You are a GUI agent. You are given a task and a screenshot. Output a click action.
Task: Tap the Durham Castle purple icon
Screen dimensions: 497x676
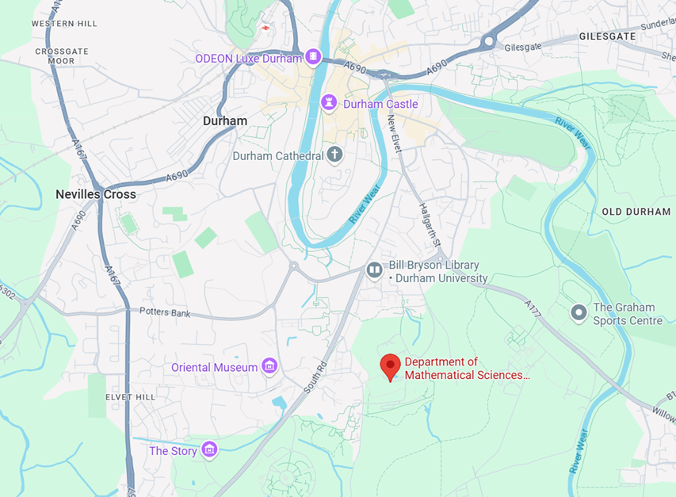tap(329, 104)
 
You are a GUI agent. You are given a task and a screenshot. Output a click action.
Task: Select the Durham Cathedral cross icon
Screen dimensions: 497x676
tap(334, 155)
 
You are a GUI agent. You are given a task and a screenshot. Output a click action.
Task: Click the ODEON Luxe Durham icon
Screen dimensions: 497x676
tap(314, 58)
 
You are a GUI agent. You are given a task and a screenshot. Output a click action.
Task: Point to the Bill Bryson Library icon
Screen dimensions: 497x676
tap(375, 271)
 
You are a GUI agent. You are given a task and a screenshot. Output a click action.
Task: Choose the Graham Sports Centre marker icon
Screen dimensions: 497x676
tap(579, 313)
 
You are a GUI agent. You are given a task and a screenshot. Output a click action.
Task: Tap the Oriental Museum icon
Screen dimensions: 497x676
tap(270, 366)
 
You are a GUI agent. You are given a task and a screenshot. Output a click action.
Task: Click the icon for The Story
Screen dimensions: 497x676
tap(209, 450)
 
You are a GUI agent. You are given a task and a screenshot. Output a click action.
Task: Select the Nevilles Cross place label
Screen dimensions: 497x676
tap(96, 194)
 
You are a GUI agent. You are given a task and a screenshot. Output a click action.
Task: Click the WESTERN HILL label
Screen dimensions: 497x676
tap(64, 24)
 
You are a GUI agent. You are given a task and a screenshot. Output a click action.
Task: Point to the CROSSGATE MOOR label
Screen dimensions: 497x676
tap(55, 55)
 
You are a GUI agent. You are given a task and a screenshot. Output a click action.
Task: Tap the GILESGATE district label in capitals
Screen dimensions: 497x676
tap(608, 36)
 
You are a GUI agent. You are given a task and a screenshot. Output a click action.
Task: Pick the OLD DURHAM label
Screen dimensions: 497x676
tap(636, 212)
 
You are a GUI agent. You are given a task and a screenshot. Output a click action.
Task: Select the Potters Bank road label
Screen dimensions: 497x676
tap(165, 312)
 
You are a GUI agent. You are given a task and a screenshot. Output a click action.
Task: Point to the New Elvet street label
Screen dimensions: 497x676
tap(395, 133)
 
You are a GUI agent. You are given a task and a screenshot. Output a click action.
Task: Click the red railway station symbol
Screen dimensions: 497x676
tap(265, 28)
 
